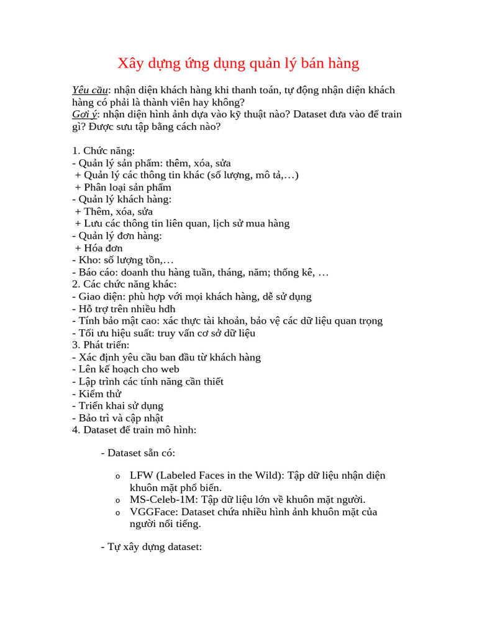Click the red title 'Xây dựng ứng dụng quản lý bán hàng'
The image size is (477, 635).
[238, 63]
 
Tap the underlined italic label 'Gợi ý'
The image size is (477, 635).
[84, 115]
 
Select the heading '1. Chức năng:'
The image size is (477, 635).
[104, 151]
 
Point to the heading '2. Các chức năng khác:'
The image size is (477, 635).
[124, 284]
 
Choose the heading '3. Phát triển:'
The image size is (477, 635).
[101, 345]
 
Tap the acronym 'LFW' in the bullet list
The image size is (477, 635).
[142, 476]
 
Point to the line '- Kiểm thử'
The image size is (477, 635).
[97, 394]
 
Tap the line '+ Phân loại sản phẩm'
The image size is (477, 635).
[123, 187]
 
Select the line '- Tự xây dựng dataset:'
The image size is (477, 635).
[152, 548]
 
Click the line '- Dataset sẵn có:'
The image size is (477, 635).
[138, 453]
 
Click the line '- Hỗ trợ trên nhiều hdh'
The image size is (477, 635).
[124, 309]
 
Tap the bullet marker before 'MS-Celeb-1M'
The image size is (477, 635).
[118, 500]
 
